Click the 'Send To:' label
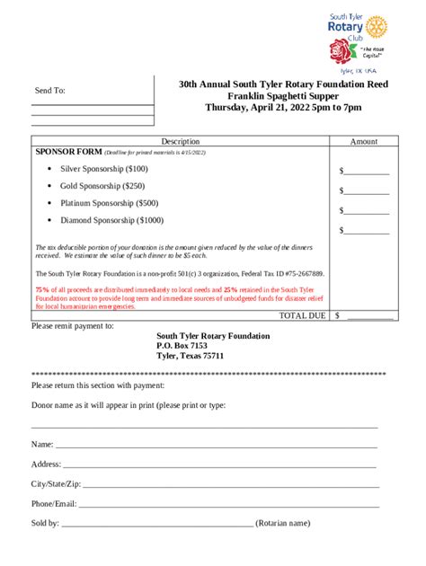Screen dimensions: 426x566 (x=50, y=91)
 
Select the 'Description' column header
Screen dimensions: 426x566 (x=180, y=141)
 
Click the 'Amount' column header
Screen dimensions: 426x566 (x=363, y=141)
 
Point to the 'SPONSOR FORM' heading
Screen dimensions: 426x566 (x=68, y=152)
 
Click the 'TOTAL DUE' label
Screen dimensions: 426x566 (x=303, y=315)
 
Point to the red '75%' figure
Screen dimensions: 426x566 (x=42, y=289)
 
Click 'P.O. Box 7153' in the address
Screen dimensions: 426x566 (x=182, y=345)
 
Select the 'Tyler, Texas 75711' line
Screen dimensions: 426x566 (x=190, y=356)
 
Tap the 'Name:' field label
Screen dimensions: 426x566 (x=42, y=444)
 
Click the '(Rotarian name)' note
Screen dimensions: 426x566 (x=283, y=523)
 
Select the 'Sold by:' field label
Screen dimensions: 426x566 (x=45, y=523)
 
